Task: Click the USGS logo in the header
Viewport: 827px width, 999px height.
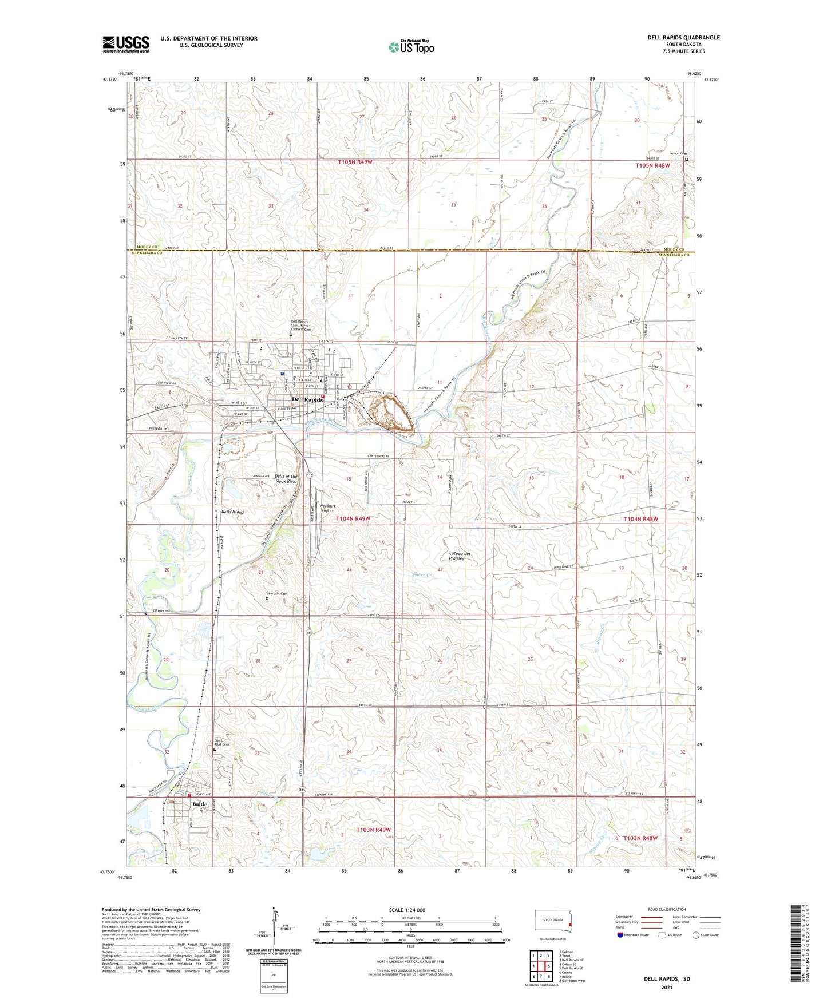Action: click(x=126, y=43)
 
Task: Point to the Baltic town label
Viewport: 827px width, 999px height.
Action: click(x=199, y=804)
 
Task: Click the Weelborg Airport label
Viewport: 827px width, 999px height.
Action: click(x=327, y=508)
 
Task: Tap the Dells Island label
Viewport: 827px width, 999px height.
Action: click(x=232, y=512)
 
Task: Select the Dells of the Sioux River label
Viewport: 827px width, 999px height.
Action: click(x=286, y=479)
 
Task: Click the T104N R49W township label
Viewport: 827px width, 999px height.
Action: click(x=353, y=518)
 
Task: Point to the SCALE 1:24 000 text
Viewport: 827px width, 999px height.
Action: click(x=407, y=910)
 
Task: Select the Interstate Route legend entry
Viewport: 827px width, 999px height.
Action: click(x=632, y=935)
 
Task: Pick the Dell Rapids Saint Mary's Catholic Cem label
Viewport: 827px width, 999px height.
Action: click(x=300, y=326)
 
